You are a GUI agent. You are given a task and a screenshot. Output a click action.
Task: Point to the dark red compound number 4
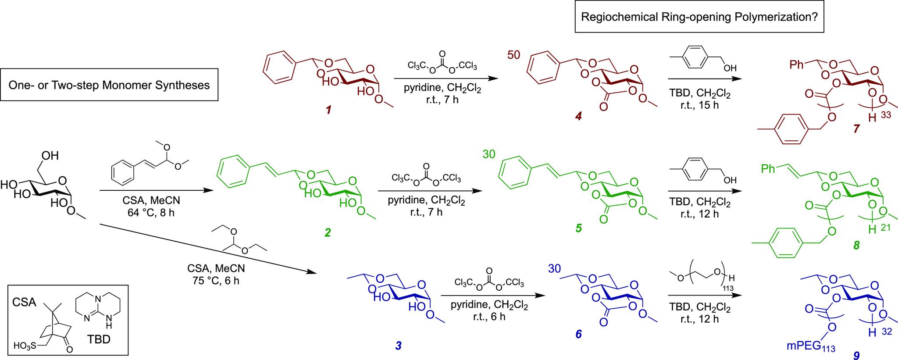[x=578, y=117]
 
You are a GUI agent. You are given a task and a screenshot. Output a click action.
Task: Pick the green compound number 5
[x=578, y=228]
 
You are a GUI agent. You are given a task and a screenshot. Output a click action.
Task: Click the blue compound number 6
[x=578, y=335]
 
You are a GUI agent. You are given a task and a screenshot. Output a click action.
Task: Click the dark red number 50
[x=514, y=56]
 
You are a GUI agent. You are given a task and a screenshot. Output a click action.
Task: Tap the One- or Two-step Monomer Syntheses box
[x=109, y=85]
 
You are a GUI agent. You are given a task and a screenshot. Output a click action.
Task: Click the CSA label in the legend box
[x=24, y=302]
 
